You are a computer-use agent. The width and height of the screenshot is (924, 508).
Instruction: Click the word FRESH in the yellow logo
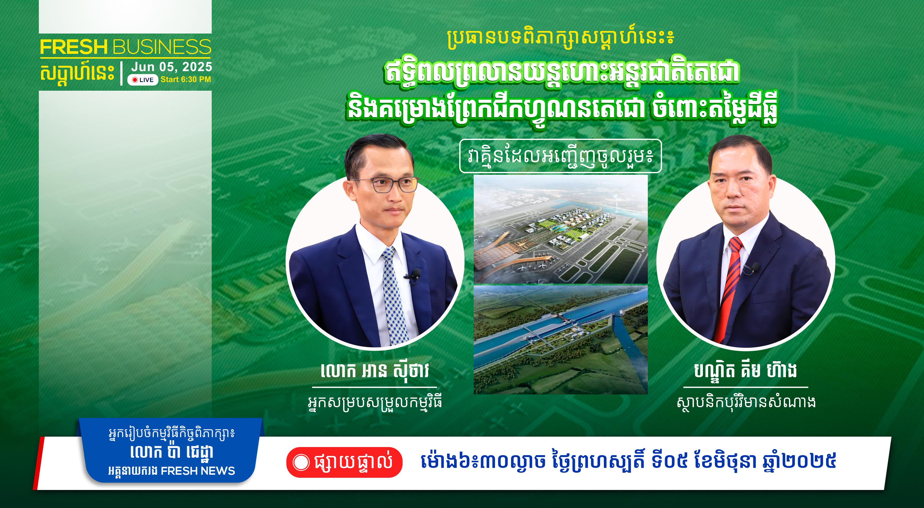coord(74,47)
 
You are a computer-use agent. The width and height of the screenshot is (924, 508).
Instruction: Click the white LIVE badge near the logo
coord(143,80)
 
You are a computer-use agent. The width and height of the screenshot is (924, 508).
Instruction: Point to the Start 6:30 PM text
coord(186,79)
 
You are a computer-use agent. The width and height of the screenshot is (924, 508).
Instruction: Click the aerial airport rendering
coord(561,229)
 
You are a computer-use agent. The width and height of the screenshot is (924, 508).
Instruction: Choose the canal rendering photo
coord(561,340)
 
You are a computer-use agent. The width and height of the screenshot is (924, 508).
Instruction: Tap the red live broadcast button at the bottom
coord(344,462)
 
